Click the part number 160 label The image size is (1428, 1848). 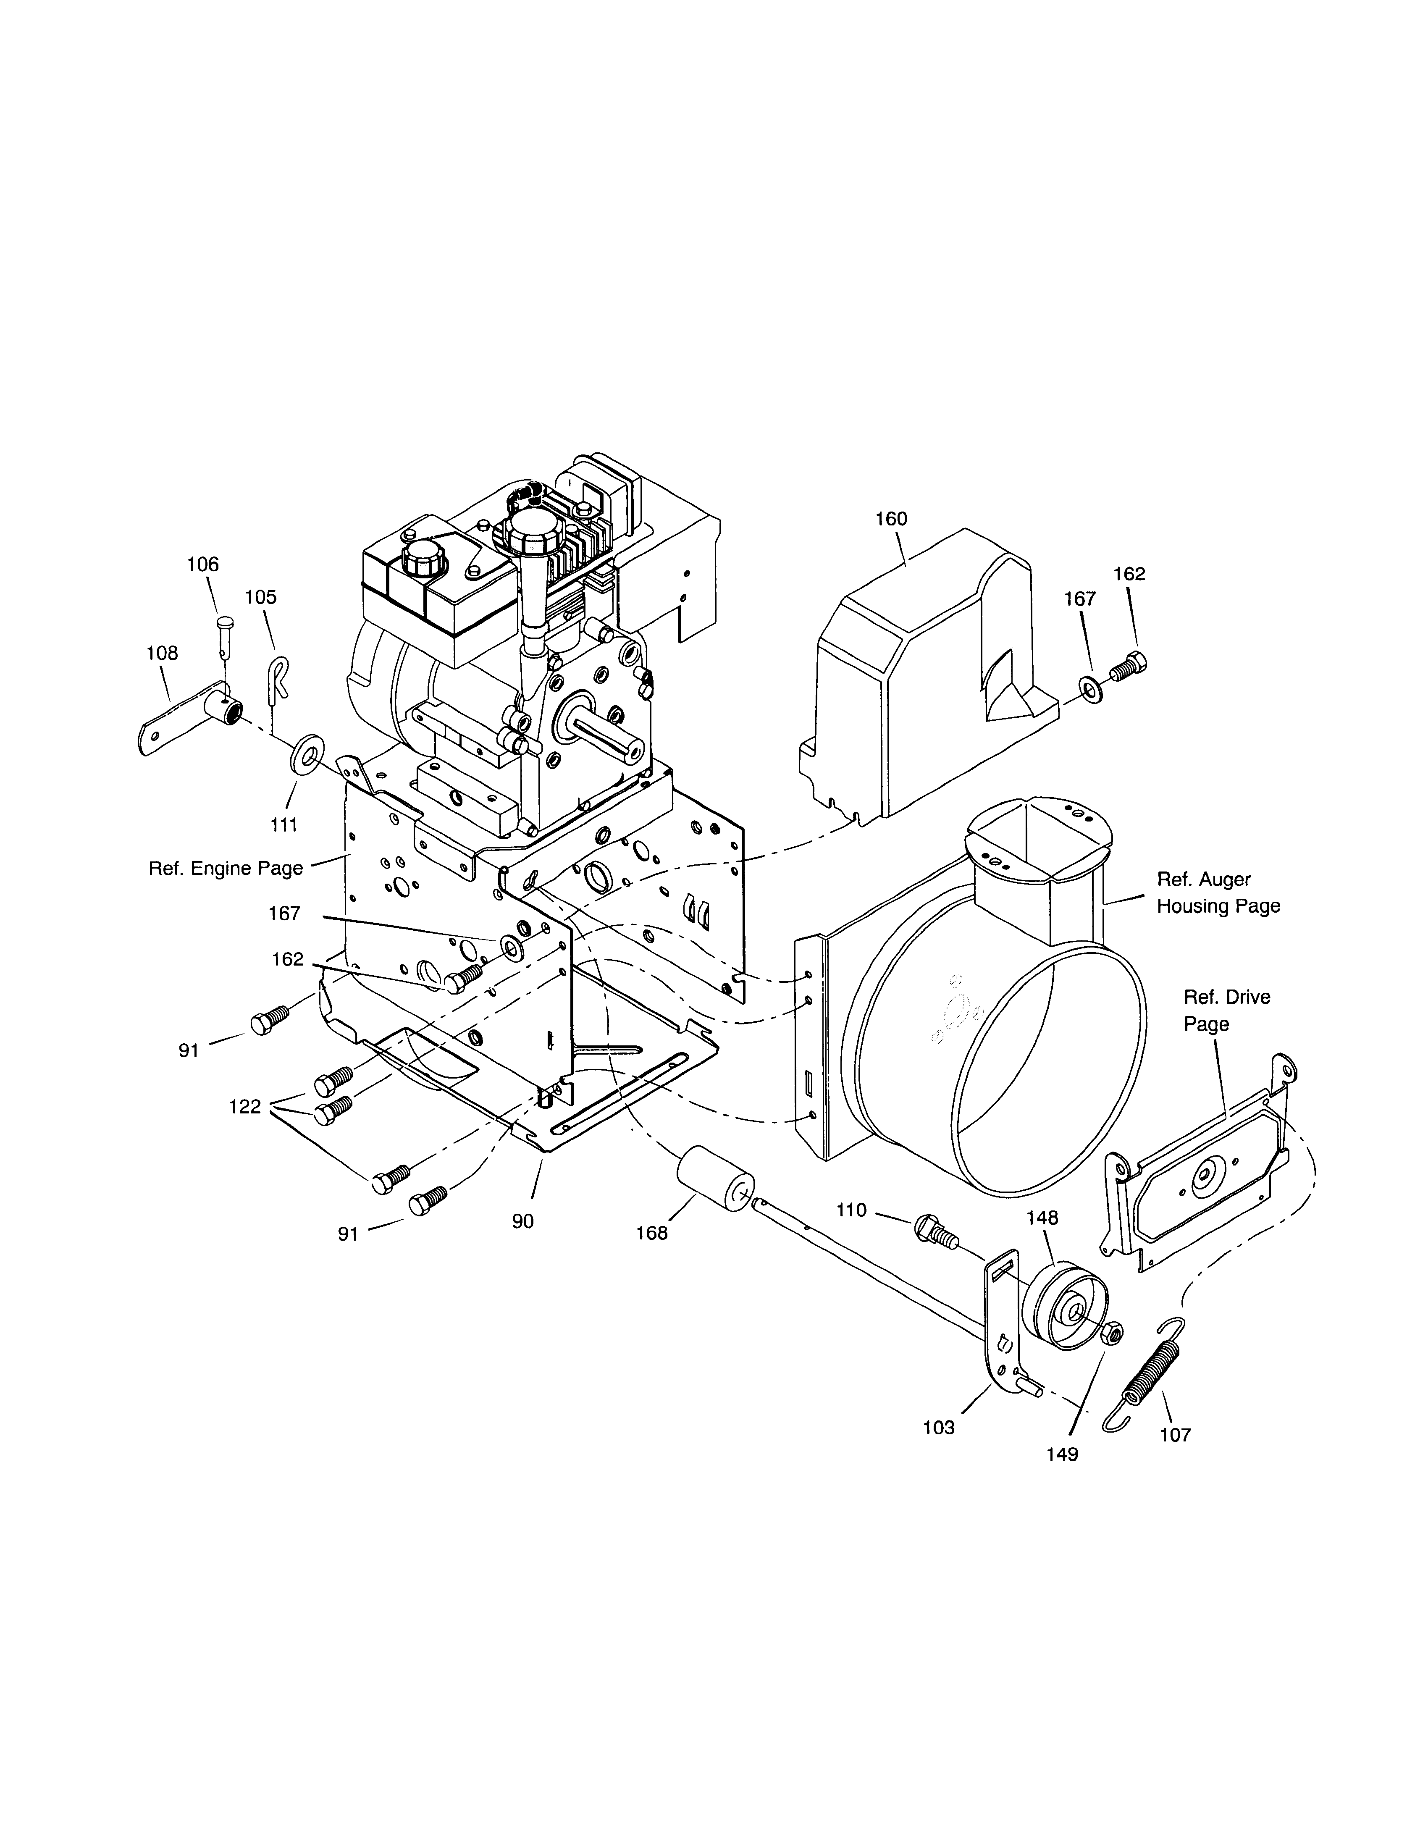coord(891,519)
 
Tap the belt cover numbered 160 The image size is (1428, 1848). coord(922,677)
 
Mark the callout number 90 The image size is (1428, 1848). coord(523,1221)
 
